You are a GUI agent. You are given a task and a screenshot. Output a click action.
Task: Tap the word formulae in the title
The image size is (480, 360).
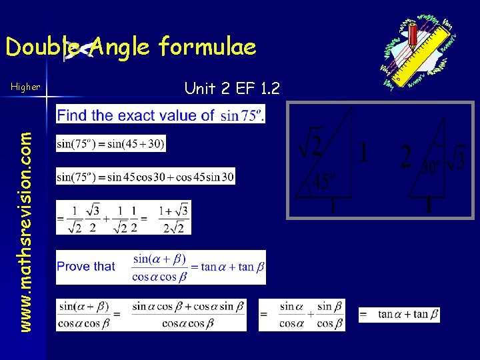click(x=207, y=46)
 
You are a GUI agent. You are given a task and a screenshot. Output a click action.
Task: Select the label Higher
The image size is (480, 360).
click(x=25, y=86)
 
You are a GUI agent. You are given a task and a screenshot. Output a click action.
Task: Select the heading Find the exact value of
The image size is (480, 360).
click(x=136, y=115)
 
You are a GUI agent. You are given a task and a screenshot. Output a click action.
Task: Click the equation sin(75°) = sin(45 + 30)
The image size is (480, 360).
click(x=111, y=143)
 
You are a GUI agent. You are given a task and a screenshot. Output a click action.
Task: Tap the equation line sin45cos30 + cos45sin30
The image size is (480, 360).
click(x=146, y=177)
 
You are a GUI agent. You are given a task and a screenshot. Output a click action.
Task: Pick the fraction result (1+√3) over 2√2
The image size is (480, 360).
click(x=174, y=218)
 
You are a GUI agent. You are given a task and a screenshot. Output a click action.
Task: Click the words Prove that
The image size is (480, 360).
click(x=86, y=267)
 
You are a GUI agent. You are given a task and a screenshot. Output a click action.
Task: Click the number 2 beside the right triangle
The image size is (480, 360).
click(x=406, y=158)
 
